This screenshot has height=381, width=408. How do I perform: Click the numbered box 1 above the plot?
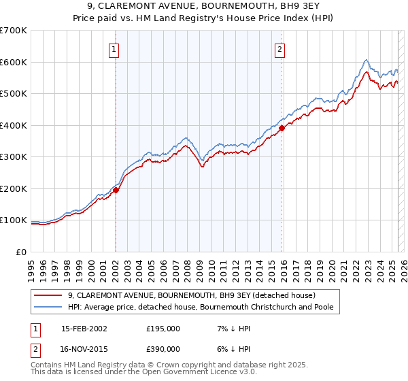[x=114, y=49]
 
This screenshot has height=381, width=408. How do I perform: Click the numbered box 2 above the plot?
[x=279, y=49]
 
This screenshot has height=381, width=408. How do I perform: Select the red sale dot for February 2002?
[x=116, y=190]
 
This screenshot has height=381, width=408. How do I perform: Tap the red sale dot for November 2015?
[x=282, y=129]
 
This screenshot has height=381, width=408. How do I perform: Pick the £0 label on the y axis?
[x=22, y=252]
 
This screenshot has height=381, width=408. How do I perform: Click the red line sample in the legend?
[x=49, y=296]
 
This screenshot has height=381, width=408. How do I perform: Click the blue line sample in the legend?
[x=49, y=308]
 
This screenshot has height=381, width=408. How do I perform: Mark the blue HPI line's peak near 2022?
[x=366, y=60]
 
